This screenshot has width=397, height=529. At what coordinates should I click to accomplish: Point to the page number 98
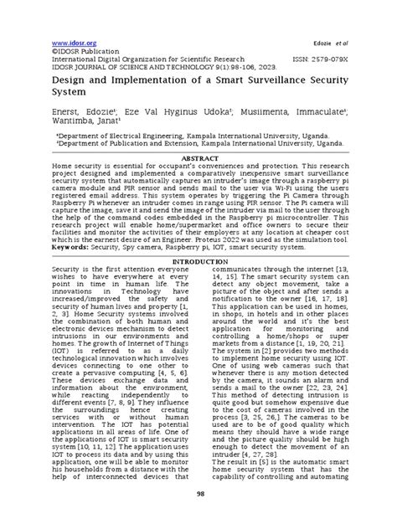coord(198,517)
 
